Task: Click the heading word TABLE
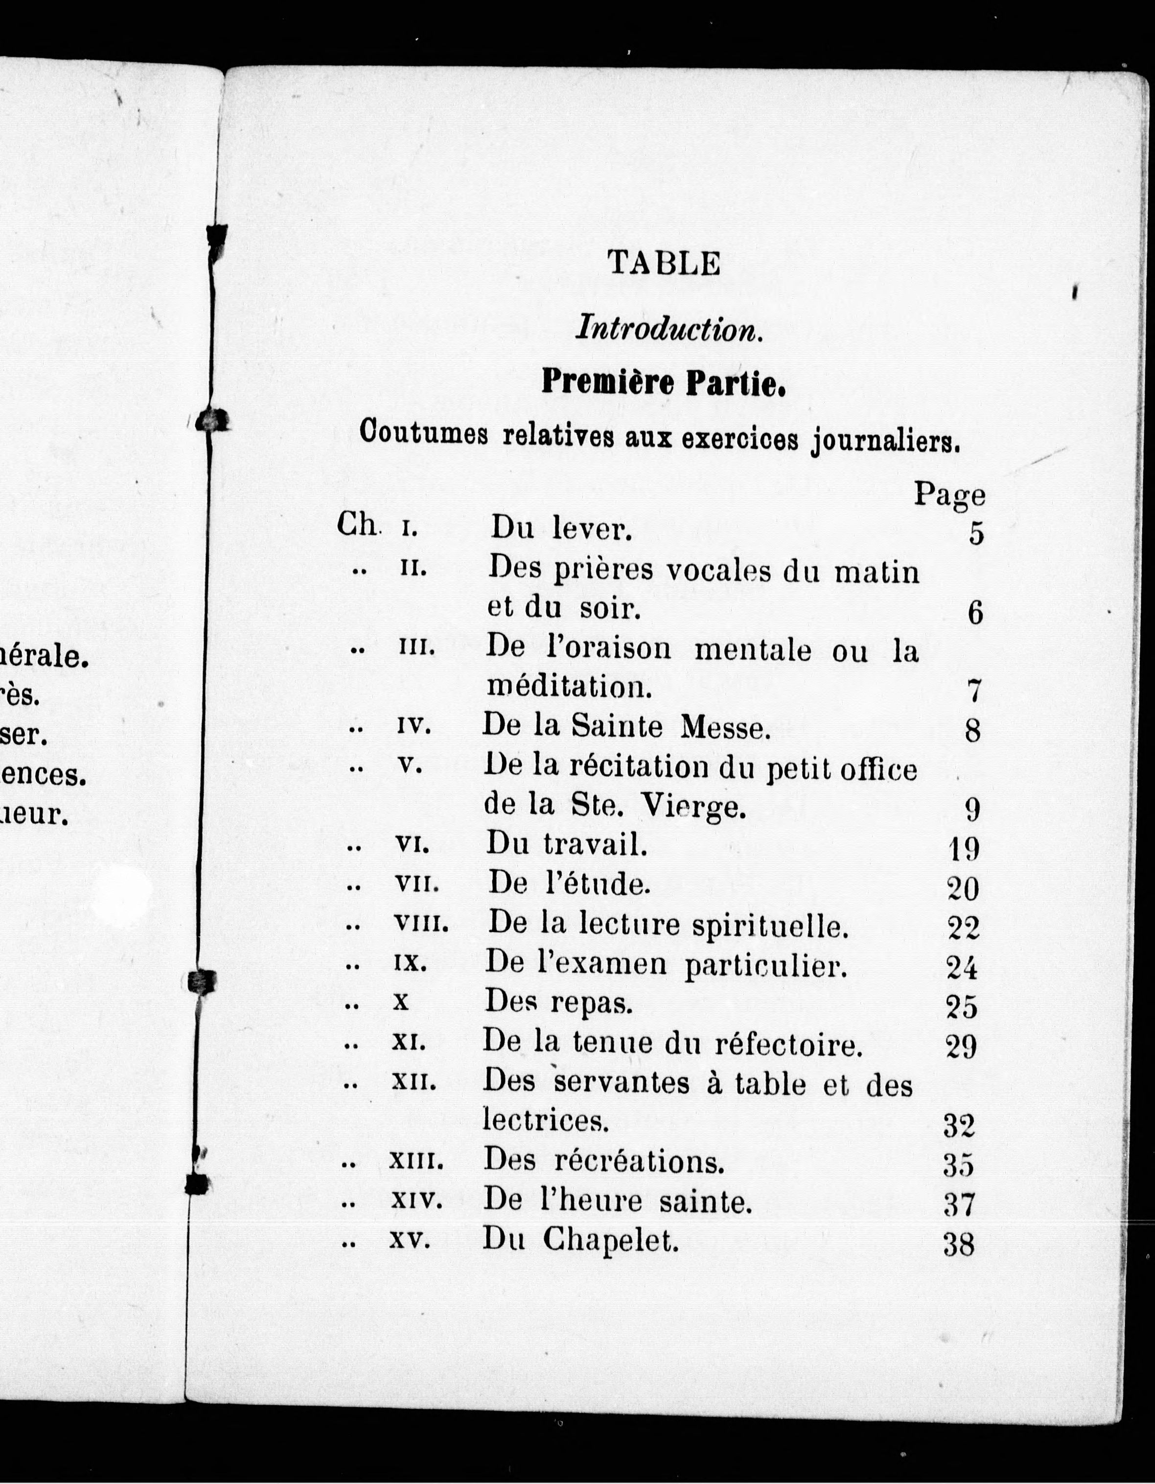[x=664, y=263]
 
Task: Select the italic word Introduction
[x=668, y=330]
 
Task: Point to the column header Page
[x=948, y=494]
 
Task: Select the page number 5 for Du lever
[x=976, y=534]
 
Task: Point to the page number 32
[x=959, y=1127]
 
